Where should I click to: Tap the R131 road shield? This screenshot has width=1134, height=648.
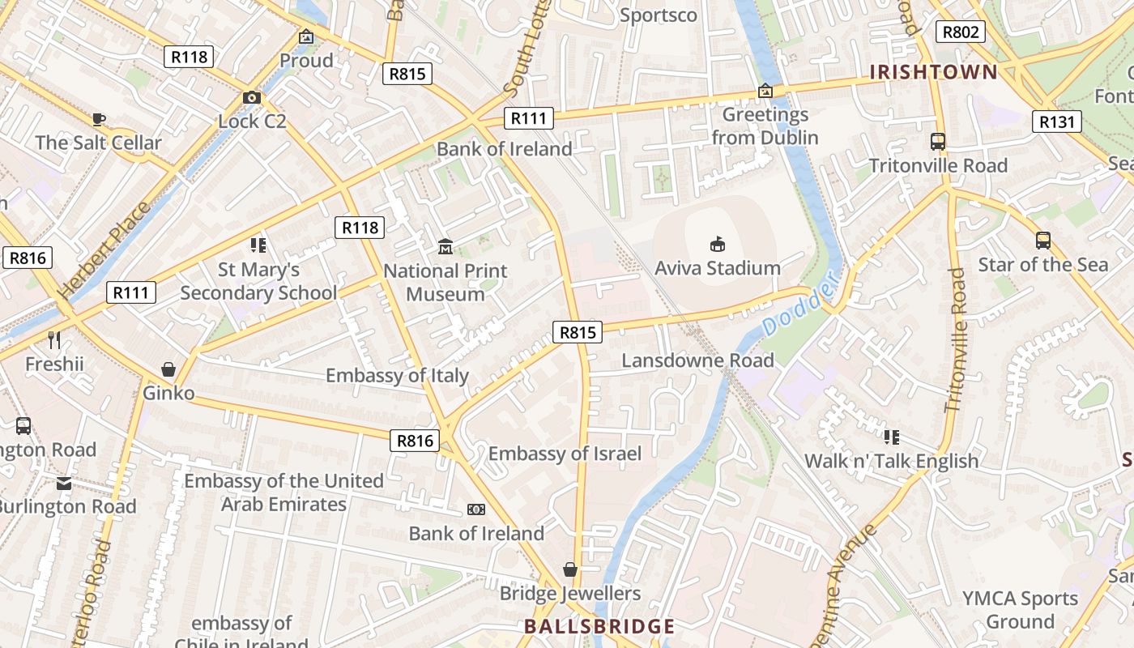[x=1057, y=122]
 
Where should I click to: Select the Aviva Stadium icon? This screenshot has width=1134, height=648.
[x=717, y=244]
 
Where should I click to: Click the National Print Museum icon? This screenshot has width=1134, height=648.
[x=445, y=246]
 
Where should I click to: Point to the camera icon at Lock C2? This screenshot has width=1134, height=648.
[x=252, y=98]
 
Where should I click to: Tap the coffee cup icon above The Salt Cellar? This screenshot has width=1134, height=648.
[x=99, y=119]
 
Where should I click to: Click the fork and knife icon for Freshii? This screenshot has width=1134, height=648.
[x=54, y=340]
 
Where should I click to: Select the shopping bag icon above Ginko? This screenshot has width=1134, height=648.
[x=168, y=369]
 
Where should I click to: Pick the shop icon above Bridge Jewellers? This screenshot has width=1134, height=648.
[x=570, y=569]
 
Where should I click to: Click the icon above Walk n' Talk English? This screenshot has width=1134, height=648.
[x=891, y=437]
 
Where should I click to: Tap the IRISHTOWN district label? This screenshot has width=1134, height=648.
[x=933, y=72]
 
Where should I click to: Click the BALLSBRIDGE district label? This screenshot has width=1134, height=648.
[x=599, y=626]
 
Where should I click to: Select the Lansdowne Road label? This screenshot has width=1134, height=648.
[x=697, y=360]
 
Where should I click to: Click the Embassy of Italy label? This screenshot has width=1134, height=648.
[x=397, y=375]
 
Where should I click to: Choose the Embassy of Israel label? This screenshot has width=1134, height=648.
[x=565, y=453]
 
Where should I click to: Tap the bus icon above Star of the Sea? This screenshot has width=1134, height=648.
[x=1042, y=241]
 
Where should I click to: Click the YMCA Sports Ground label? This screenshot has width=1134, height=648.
[x=1020, y=610]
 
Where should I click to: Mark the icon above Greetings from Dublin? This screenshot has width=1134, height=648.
[x=765, y=91]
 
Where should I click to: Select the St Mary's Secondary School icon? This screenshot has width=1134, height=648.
[x=258, y=245]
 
